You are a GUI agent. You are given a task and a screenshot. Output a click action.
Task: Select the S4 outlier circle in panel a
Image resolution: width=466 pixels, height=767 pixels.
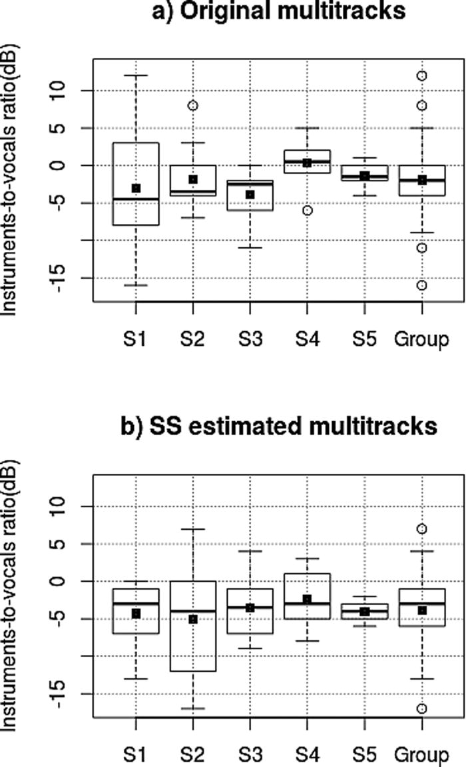[x=308, y=211]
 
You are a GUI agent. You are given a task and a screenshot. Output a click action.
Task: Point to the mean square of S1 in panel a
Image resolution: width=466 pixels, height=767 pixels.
[x=136, y=189]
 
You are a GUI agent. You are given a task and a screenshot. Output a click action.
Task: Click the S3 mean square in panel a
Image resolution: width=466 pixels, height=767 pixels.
[x=250, y=195]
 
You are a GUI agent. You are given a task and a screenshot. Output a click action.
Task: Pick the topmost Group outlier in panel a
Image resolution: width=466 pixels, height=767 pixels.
[x=422, y=76]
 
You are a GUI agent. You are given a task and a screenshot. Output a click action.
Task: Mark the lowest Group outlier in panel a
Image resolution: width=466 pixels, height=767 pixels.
[x=422, y=285]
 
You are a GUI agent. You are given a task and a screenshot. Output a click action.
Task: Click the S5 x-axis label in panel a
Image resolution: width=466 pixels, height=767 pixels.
[x=365, y=339]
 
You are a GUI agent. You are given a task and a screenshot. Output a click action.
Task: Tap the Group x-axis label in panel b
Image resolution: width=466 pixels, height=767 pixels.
[x=422, y=755]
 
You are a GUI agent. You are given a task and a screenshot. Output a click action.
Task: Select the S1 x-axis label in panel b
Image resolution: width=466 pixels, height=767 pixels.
[x=136, y=755]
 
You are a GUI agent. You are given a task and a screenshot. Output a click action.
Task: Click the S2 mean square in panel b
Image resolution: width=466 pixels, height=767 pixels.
[x=193, y=619]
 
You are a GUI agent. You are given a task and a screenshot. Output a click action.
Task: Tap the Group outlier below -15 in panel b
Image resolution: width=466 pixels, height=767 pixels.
[x=422, y=708]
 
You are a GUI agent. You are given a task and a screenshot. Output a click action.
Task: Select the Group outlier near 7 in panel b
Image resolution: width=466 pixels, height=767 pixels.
[x=422, y=529]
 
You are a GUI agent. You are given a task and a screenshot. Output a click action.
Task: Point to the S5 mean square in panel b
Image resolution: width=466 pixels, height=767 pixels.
[x=365, y=612]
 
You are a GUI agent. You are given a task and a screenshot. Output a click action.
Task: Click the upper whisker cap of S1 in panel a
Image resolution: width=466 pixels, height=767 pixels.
[x=136, y=75]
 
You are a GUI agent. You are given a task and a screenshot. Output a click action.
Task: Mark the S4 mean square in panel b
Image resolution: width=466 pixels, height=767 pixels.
[x=308, y=599]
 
